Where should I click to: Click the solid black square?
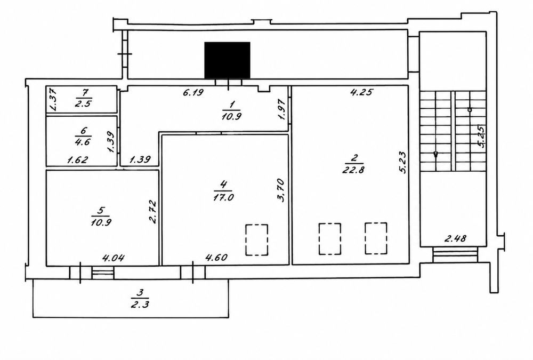(227, 61)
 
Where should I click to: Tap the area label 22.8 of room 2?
(354, 169)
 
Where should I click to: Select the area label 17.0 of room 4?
(223, 197)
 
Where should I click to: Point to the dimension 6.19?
(193, 92)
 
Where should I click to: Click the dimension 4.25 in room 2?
(362, 92)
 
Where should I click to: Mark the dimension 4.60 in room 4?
(216, 257)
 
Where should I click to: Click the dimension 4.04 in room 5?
(114, 258)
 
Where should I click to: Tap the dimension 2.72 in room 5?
(152, 212)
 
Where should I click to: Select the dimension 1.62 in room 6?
(77, 159)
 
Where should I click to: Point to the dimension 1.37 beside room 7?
(53, 99)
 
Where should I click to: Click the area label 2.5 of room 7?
(83, 103)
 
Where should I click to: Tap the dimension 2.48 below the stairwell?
(455, 238)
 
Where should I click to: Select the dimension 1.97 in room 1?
(282, 109)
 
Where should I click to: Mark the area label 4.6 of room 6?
(83, 141)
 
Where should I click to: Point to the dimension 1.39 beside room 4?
(140, 159)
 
